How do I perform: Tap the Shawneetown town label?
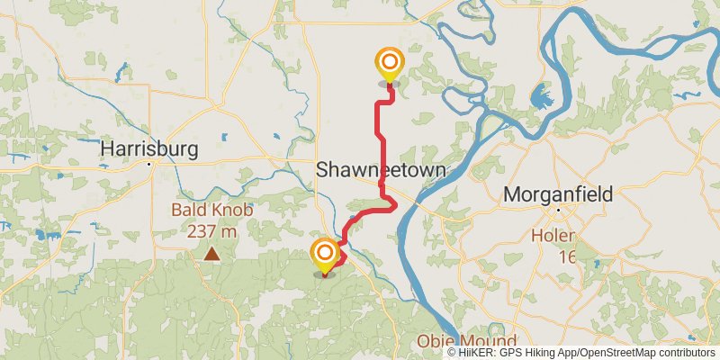click(381, 171)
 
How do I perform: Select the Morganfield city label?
click(558, 193)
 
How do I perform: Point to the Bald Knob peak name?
click(212, 211)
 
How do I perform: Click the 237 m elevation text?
click(212, 230)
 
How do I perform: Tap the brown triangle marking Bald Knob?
click(212, 255)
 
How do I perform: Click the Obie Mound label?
click(466, 342)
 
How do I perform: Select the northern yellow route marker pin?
click(390, 64)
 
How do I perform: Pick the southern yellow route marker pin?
click(324, 254)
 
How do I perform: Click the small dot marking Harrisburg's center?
click(154, 164)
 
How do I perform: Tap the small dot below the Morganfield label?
click(558, 210)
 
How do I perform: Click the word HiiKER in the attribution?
click(475, 353)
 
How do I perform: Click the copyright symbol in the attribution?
click(452, 353)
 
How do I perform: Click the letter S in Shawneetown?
click(322, 171)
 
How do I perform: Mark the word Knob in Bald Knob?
click(232, 211)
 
